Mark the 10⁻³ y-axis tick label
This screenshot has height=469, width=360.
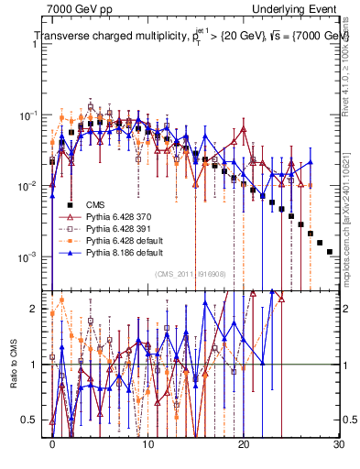pyautogui.click(x=29, y=256)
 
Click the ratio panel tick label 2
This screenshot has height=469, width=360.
pyautogui.click(x=35, y=309)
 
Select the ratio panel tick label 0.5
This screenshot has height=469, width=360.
pyautogui.click(x=31, y=420)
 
